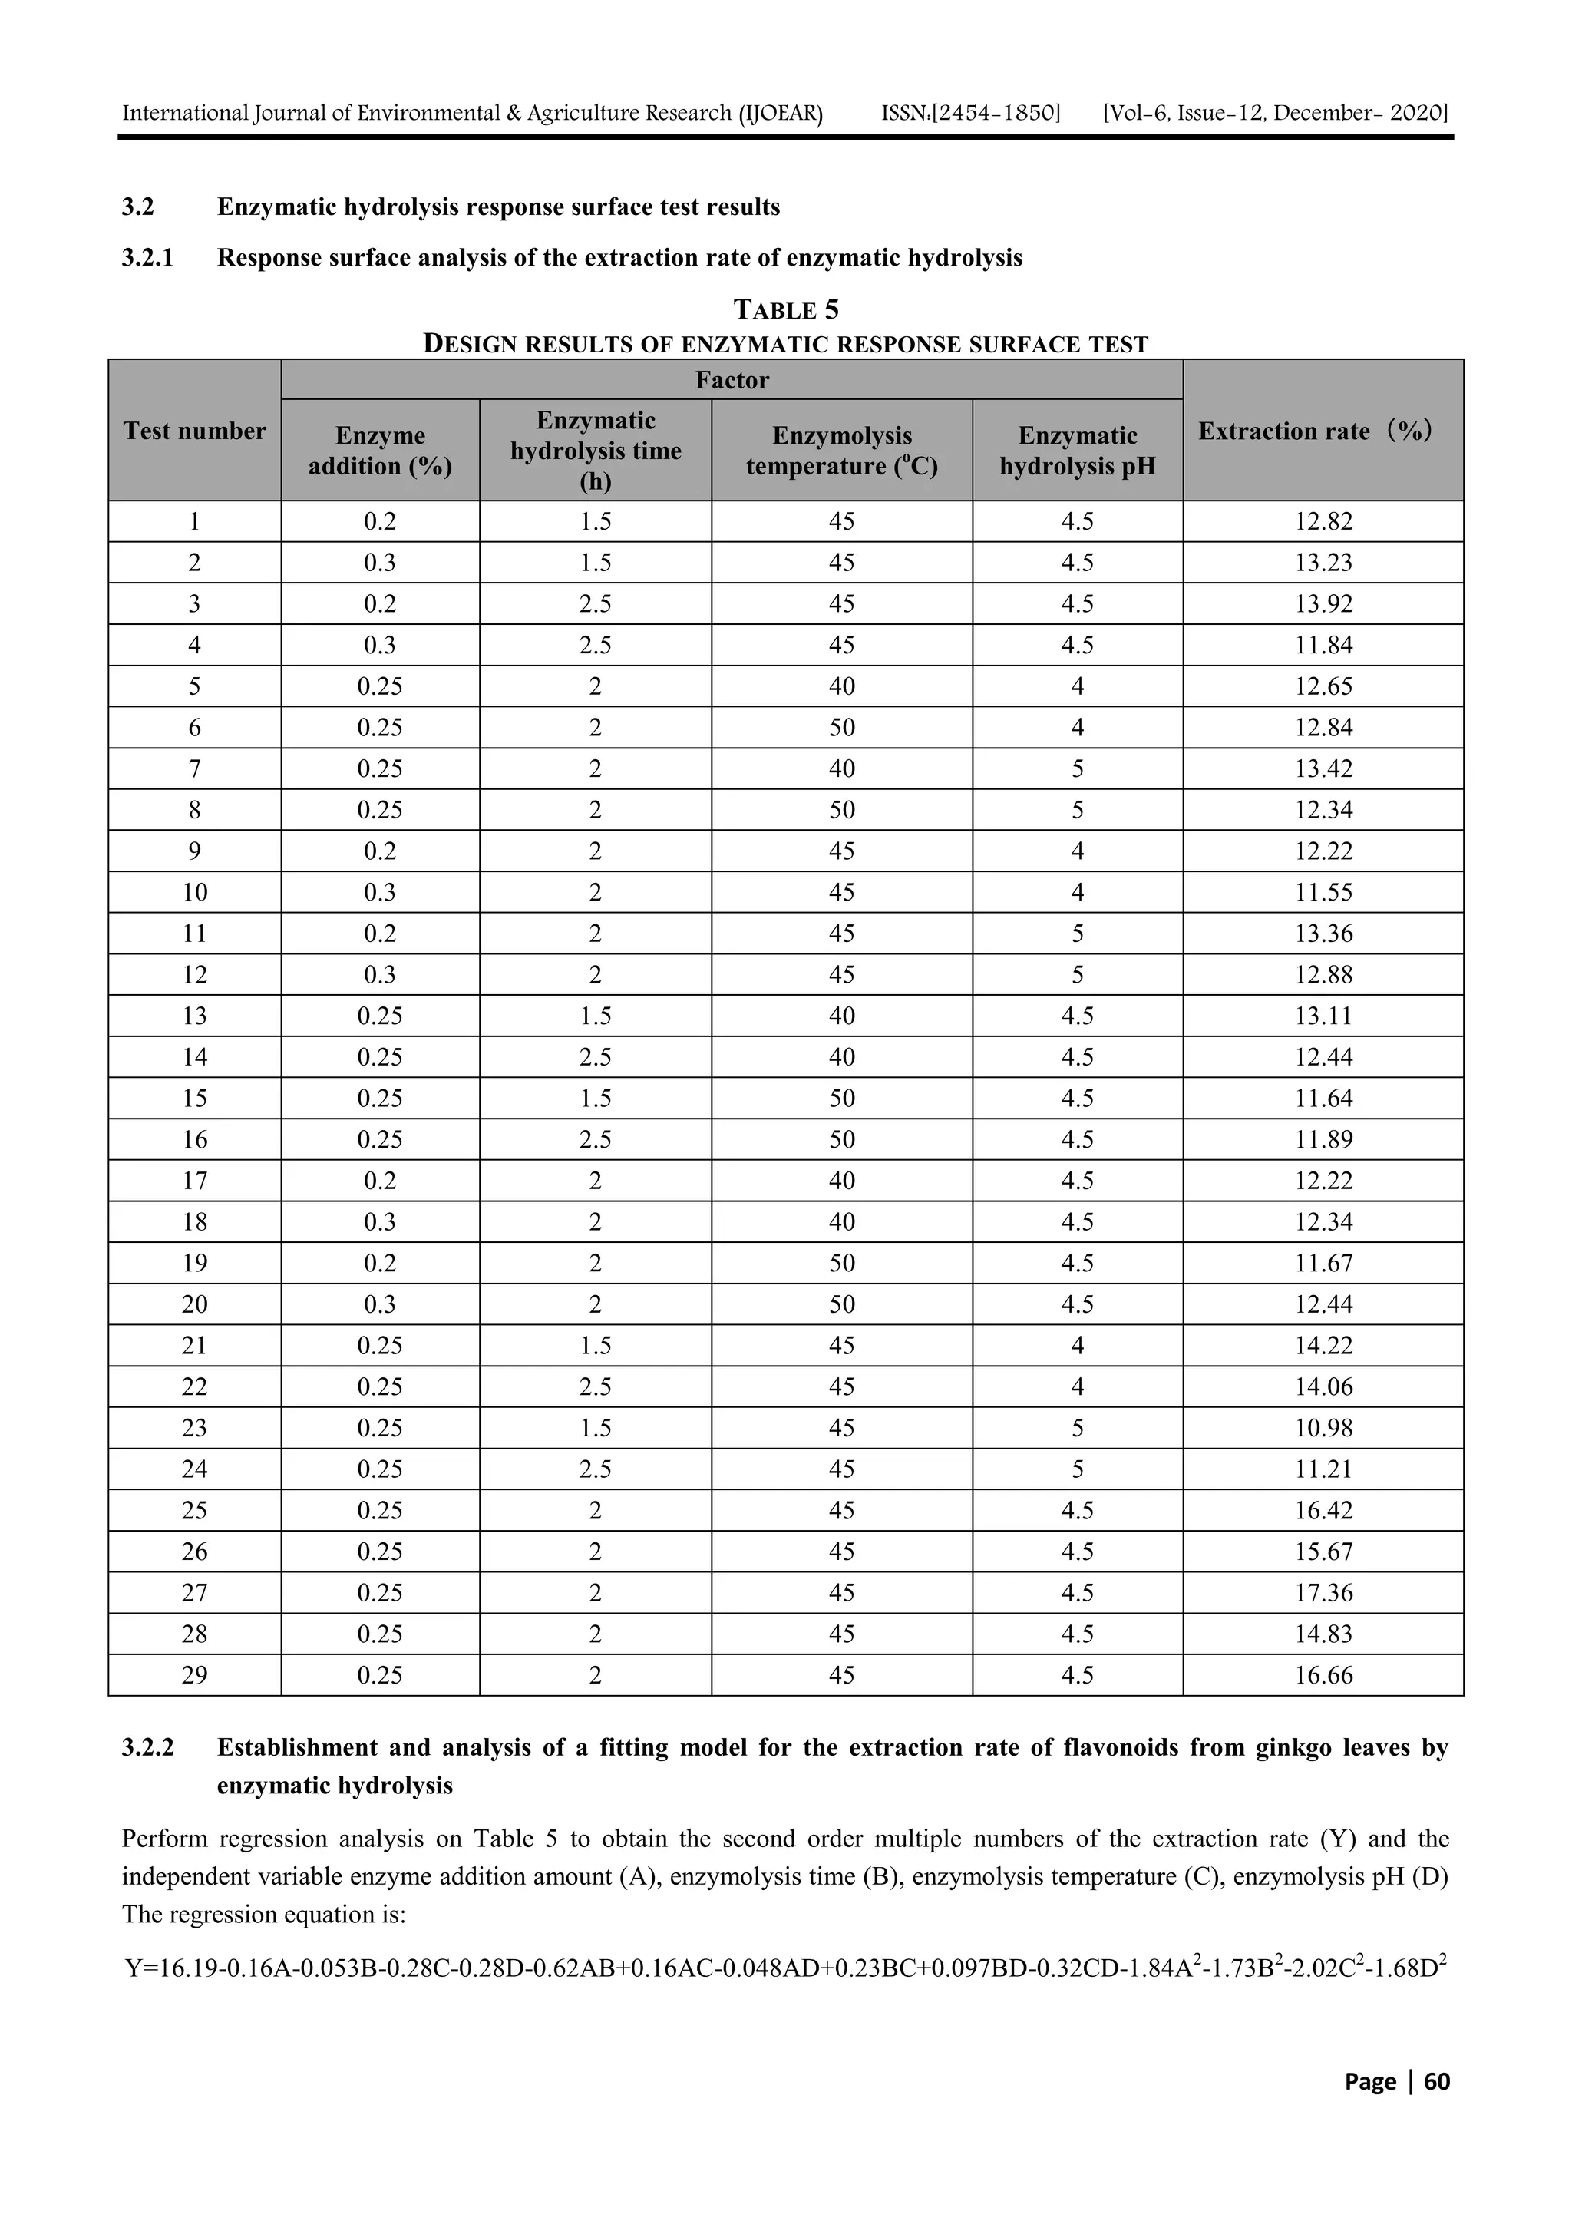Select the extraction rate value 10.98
coord(1323,1428)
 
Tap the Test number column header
coord(195,431)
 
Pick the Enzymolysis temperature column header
coord(842,451)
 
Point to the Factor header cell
coord(732,380)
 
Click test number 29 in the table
coord(195,1675)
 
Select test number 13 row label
coord(195,1016)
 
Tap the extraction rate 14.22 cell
coord(1323,1346)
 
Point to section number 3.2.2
coord(147,1747)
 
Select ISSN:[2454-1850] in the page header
coord(970,114)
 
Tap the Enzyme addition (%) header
coord(380,451)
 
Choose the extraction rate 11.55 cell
coord(1323,892)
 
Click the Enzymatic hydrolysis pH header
coord(1077,451)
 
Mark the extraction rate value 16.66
coord(1323,1675)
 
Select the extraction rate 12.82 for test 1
coord(1323,522)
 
